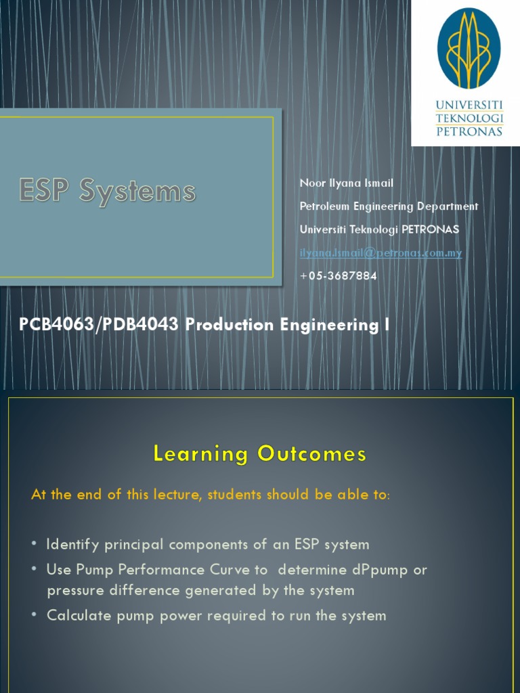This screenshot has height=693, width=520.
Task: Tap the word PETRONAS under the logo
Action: (469, 131)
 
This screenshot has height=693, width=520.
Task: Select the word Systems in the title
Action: (137, 192)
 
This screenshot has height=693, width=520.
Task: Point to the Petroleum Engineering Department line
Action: (389, 206)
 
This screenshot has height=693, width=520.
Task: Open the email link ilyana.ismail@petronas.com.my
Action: (381, 253)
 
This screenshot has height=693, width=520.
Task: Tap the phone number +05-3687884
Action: (338, 276)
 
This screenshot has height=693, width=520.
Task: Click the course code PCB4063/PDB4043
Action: (99, 326)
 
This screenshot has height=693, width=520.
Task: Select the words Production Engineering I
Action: (288, 326)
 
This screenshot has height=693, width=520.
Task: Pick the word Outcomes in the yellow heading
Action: (311, 453)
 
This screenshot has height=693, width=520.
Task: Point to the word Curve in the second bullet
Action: (232, 570)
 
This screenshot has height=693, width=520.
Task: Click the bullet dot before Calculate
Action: (35, 616)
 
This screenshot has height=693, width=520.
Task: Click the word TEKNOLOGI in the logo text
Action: (469, 118)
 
